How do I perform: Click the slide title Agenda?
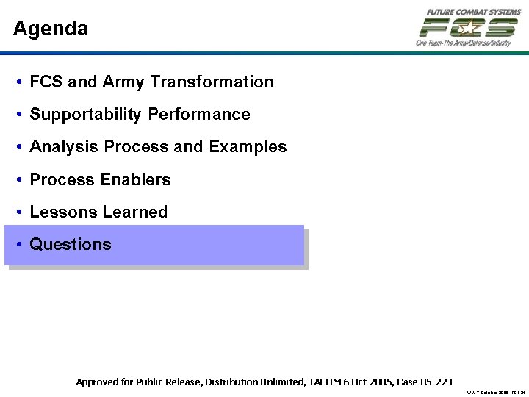click(x=51, y=29)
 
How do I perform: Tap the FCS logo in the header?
click(x=468, y=28)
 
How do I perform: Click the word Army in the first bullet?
click(x=124, y=82)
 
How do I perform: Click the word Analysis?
click(x=64, y=147)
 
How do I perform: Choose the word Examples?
click(x=248, y=147)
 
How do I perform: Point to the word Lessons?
click(x=63, y=212)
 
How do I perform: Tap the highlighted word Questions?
click(x=71, y=244)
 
